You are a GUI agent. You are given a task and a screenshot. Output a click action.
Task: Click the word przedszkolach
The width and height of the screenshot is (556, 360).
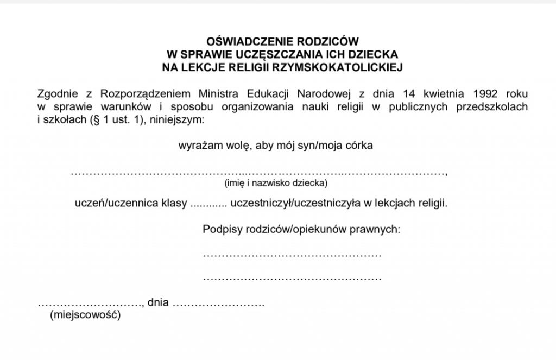point(492,106)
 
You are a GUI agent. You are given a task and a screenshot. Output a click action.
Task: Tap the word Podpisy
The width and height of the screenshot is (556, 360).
point(218,229)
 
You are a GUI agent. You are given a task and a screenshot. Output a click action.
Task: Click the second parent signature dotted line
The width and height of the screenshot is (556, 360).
point(292,279)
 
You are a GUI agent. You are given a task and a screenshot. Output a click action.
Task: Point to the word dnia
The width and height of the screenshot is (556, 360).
point(158,303)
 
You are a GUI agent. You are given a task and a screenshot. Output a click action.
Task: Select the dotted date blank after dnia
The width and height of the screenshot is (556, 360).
point(218,305)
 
